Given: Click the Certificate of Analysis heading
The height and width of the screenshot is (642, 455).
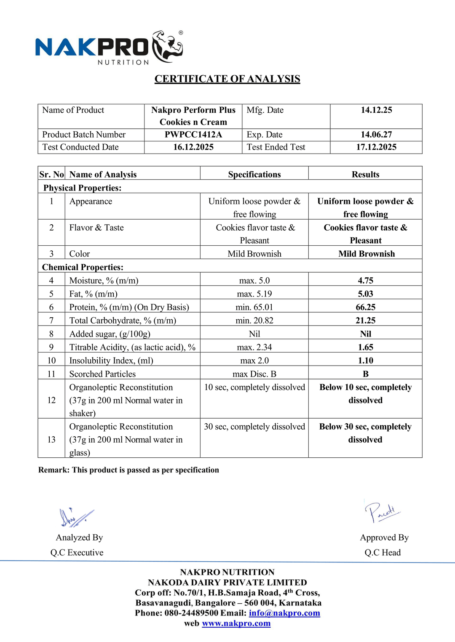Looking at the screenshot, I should [x=227, y=79].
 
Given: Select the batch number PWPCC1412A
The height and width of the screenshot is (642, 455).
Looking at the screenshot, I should [x=193, y=135].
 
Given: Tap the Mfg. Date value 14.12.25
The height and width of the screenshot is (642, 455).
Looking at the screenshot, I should [x=376, y=110].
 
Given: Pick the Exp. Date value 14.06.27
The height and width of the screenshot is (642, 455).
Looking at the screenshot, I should [x=376, y=135].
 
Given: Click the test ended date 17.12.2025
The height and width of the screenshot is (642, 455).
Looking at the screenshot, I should [x=376, y=147].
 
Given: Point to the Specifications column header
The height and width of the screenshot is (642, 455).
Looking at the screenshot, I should [x=254, y=175].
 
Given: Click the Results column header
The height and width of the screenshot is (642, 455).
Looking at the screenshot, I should [x=365, y=175].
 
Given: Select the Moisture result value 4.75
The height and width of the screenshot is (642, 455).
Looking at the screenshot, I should [x=365, y=281].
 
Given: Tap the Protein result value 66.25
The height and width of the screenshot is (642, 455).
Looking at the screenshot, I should [x=365, y=307].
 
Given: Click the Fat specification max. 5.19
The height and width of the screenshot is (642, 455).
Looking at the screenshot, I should [x=254, y=294].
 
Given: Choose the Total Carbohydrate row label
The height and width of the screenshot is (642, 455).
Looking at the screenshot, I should [x=123, y=321].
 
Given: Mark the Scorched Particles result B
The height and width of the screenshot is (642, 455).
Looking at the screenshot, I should [x=365, y=374].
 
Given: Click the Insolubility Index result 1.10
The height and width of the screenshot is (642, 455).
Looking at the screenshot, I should [x=365, y=361].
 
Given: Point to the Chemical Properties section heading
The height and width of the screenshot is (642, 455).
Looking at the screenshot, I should [x=83, y=267].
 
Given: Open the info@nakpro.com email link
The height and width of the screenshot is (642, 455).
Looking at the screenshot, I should [x=284, y=613].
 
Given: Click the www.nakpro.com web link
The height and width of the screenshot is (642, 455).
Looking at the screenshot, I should [x=236, y=623].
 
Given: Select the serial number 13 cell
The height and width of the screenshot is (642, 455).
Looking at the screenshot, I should [x=51, y=440].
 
